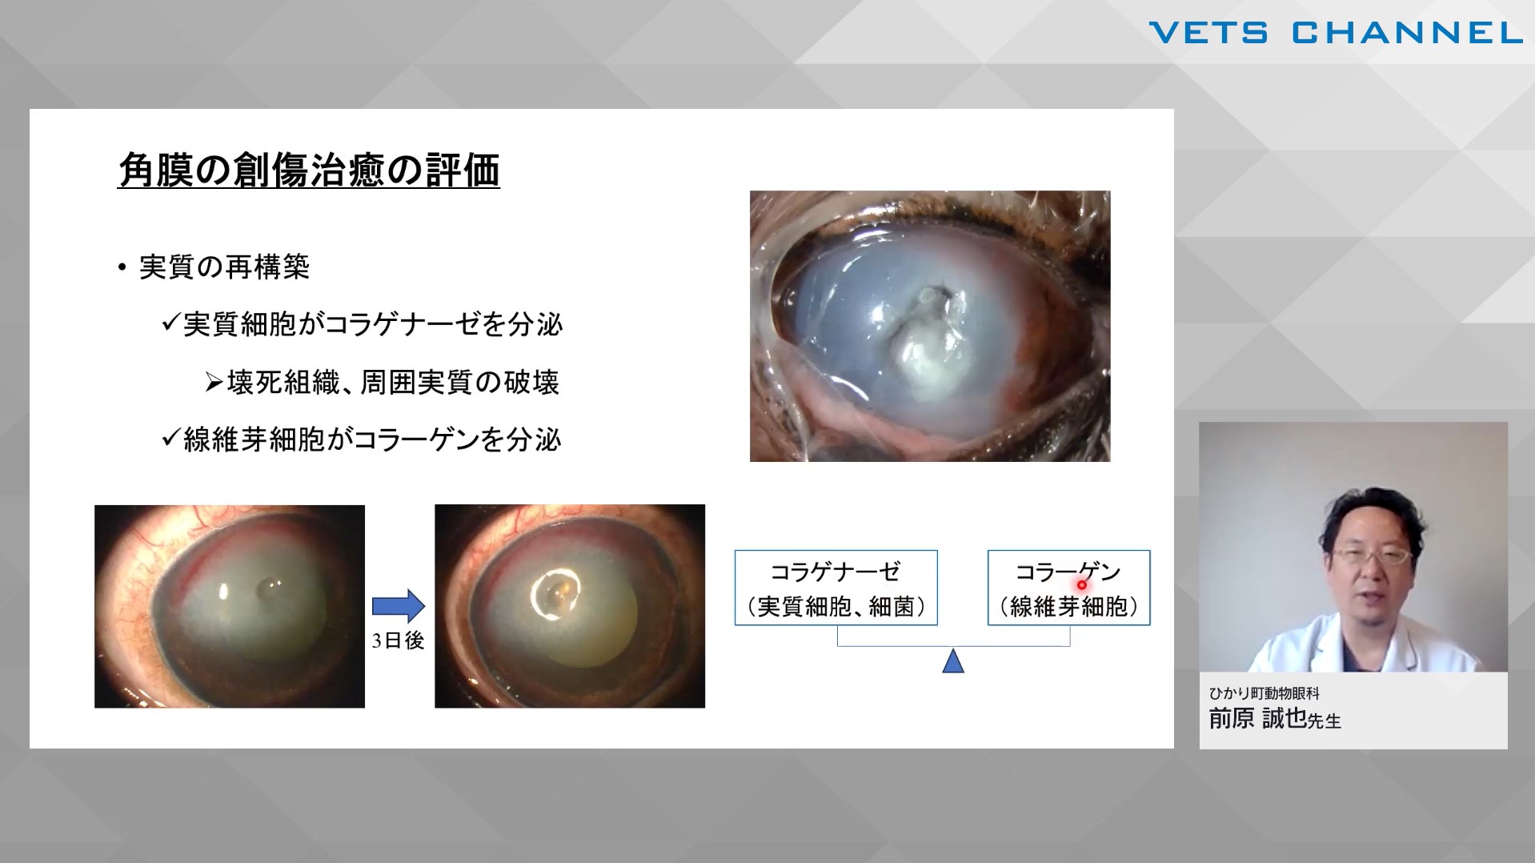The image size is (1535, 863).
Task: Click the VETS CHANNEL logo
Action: tap(1336, 33)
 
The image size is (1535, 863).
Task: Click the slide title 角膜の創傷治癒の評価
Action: tap(309, 171)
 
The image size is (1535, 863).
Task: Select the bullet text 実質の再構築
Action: tap(224, 267)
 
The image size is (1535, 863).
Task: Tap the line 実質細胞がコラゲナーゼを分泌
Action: tap(373, 324)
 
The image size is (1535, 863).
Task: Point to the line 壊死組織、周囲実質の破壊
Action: tap(393, 383)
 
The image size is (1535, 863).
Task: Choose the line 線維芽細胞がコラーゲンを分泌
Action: tap(373, 440)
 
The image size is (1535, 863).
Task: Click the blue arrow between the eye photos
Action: tap(399, 606)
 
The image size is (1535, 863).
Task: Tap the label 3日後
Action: tap(398, 640)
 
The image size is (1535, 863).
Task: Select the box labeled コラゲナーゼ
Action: tap(836, 588)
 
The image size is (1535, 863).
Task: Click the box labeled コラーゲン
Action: tap(1068, 588)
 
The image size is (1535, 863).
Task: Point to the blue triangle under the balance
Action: tap(953, 661)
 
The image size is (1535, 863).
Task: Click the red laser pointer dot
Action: tap(1081, 584)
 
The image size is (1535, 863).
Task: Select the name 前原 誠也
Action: tap(1257, 718)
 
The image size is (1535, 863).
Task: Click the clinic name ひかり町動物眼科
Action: tap(1264, 693)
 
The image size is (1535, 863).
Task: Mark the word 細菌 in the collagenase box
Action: tap(891, 607)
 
